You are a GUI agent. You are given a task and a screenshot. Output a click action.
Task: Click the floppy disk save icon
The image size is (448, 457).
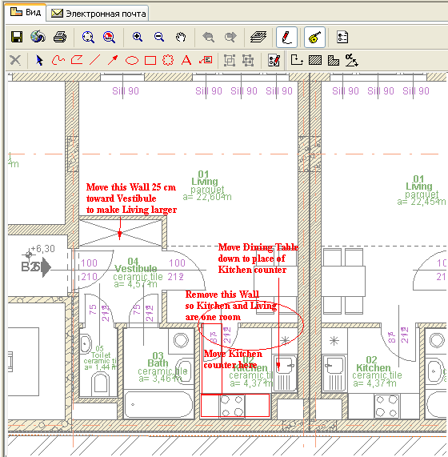tap(16, 37)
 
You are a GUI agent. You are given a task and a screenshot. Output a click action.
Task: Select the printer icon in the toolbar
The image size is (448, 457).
tap(59, 37)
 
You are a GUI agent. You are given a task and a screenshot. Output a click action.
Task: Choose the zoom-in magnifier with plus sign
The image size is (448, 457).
tap(138, 37)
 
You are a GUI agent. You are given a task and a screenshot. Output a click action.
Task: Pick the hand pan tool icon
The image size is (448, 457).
tap(181, 37)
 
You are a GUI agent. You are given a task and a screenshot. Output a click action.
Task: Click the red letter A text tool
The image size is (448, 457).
tap(186, 60)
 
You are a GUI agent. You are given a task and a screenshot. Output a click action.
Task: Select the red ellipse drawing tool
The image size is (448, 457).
tap(132, 60)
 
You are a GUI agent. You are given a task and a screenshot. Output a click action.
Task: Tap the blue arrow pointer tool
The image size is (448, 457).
tap(39, 60)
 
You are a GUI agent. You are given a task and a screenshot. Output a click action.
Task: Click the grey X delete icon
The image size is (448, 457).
tap(15, 60)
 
